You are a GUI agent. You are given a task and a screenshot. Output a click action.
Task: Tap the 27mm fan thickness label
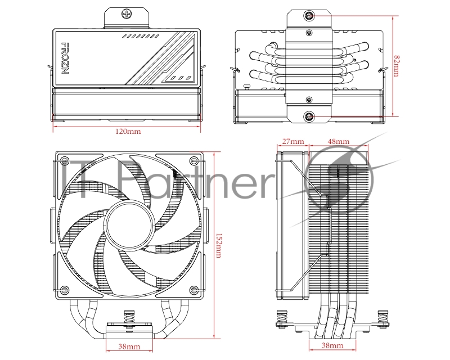point(292,141)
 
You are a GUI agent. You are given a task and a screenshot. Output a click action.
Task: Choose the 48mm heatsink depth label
point(337,141)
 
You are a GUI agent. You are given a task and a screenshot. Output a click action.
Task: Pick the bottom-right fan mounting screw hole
point(194,290)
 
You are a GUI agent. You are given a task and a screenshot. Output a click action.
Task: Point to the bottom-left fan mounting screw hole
point(65,290)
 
